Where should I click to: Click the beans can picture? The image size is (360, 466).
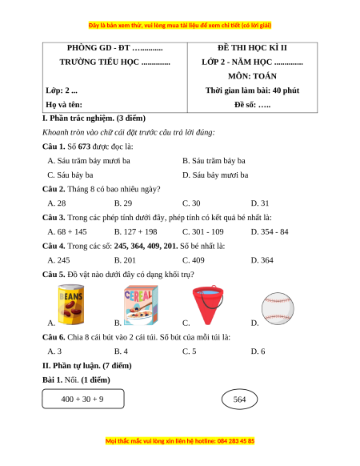[71, 304]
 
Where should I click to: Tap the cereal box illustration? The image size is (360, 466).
[141, 305]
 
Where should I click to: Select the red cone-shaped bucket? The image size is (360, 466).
[208, 305]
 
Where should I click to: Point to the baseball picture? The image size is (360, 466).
[278, 308]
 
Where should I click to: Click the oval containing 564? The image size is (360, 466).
[239, 399]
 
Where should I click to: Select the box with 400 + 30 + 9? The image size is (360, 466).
[83, 399]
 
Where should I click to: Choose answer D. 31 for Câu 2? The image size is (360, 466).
[260, 203]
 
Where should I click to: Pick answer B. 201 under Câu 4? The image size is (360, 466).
[125, 260]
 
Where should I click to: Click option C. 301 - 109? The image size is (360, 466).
[203, 232]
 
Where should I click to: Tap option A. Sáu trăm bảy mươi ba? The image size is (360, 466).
[89, 161]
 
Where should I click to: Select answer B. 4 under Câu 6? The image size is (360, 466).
[121, 352]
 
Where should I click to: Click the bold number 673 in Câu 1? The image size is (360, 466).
[84, 147]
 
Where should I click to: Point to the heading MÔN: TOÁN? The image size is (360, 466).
[252, 76]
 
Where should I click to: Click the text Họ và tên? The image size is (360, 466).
[64, 105]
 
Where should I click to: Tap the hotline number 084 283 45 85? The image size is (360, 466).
[236, 440]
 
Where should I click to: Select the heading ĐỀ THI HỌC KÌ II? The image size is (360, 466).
[252, 47]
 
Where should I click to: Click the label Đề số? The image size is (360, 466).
[245, 105]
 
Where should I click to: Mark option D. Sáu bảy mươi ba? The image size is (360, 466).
[215, 175]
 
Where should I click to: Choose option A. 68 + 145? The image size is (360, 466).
[67, 232]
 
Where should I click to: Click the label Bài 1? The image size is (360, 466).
[52, 380]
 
